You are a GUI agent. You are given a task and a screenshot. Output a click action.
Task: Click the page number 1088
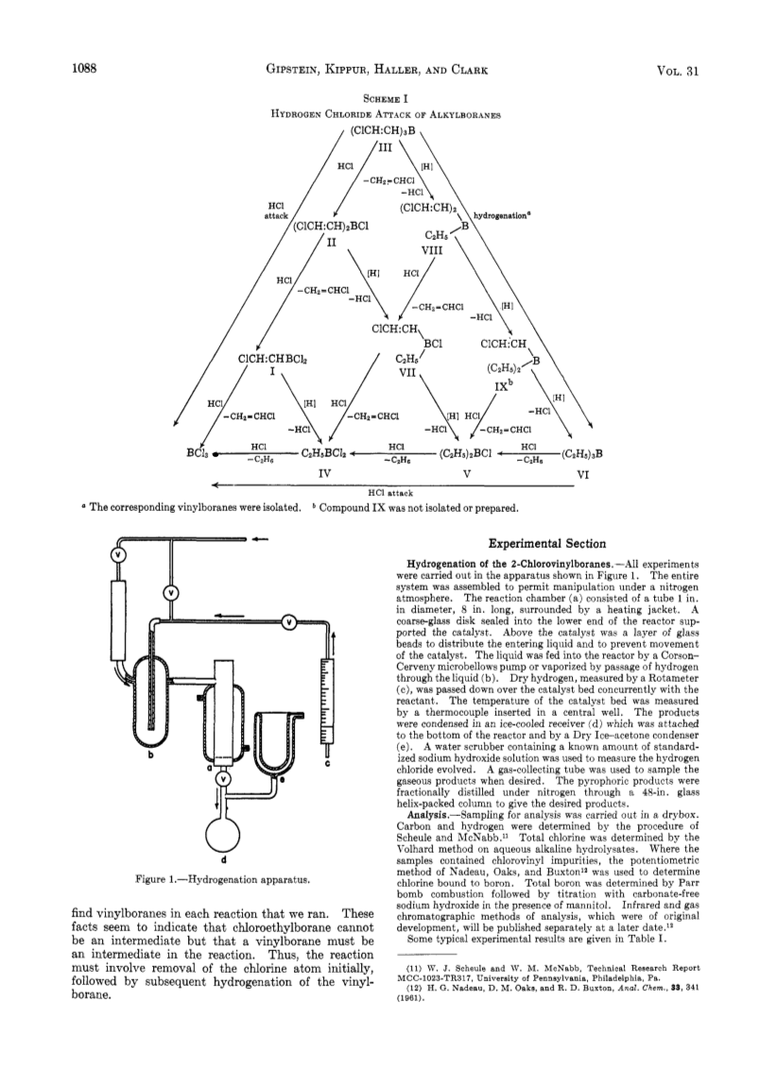pyautogui.click(x=82, y=69)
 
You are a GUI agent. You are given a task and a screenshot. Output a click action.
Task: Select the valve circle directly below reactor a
pyautogui.click(x=223, y=779)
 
